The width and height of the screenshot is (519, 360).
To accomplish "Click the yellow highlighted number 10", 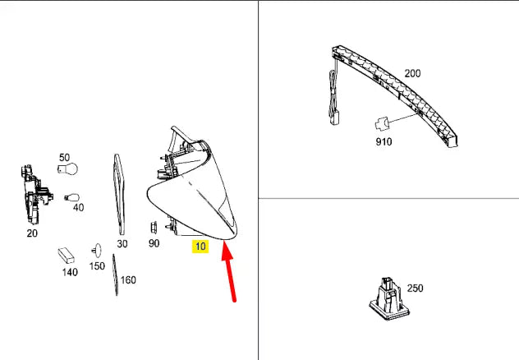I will pos(200,245).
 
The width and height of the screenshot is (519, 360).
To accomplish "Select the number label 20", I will pos(32,233).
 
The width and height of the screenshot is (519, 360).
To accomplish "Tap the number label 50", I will pos(64,157).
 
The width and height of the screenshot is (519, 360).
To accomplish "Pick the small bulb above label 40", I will pos(71,197).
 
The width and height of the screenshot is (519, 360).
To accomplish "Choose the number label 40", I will pos(78,208).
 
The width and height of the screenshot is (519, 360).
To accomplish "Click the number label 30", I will pos(122,243).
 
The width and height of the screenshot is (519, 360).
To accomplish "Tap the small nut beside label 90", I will pos(152,226).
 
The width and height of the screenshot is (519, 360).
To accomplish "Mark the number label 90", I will pos(154,243).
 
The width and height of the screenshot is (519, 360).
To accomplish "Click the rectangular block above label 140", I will pos(67,255).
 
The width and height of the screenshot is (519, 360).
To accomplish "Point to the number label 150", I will pos(97,265).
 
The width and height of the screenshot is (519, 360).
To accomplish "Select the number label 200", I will pos(412,73).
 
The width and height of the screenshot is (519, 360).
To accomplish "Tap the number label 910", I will pos(384,141).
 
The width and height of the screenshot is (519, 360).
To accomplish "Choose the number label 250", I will pos(415,288).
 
